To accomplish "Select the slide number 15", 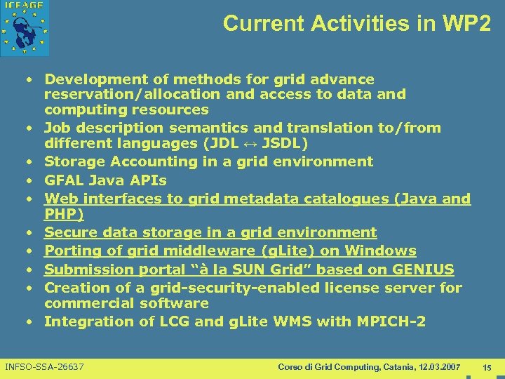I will tap(487, 367).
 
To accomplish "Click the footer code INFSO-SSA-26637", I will tap(44, 367).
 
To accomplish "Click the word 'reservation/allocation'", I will tap(123, 94).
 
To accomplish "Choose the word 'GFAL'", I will tap(64, 180).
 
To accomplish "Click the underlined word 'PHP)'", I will tap(64, 214).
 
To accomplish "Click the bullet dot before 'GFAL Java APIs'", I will tap(32, 181).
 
